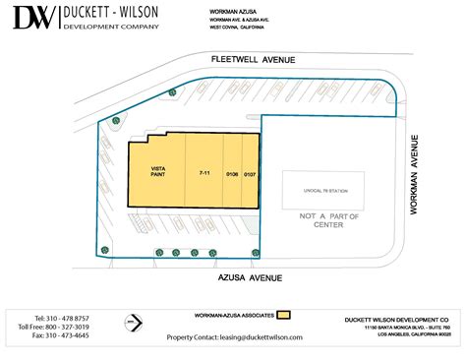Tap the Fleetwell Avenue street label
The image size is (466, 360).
tap(254, 61)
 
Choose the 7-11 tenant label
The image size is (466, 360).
tap(204, 173)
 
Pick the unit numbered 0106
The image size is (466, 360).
tap(232, 174)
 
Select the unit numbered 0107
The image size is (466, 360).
tap(250, 174)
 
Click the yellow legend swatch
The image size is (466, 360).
tap(284, 317)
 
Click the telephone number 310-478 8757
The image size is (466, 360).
tap(61, 319)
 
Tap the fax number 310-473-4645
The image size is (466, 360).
tap(60, 335)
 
